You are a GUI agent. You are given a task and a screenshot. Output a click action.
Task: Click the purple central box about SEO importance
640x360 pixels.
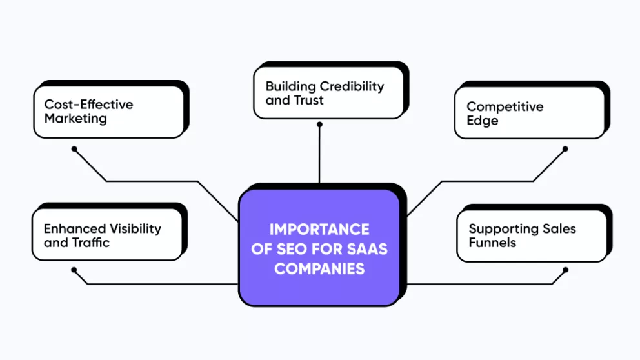(x=319, y=247)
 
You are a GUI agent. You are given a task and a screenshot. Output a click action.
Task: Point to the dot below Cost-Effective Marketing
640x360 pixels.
(x=74, y=149)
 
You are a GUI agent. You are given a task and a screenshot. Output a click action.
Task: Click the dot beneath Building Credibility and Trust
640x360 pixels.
(x=319, y=125)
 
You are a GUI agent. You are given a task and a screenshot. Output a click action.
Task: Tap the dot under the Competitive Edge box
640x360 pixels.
(x=565, y=149)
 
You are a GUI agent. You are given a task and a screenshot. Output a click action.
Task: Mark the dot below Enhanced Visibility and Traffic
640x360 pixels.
(x=74, y=270)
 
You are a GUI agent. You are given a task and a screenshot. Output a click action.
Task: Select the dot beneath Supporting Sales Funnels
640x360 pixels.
(x=565, y=270)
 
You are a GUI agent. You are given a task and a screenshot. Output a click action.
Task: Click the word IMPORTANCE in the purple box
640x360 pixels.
(x=319, y=229)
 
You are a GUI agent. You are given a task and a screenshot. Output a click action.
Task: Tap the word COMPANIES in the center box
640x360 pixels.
(x=319, y=268)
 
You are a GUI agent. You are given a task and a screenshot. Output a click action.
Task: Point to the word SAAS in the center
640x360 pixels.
(x=366, y=249)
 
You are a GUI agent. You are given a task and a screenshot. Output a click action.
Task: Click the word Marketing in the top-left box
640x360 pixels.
(x=75, y=119)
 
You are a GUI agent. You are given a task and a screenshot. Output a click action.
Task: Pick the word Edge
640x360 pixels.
(x=483, y=121)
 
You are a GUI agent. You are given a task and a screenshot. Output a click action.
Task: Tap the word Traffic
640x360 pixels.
(x=90, y=243)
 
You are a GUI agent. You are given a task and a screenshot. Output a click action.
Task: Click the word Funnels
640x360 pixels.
(x=493, y=243)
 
